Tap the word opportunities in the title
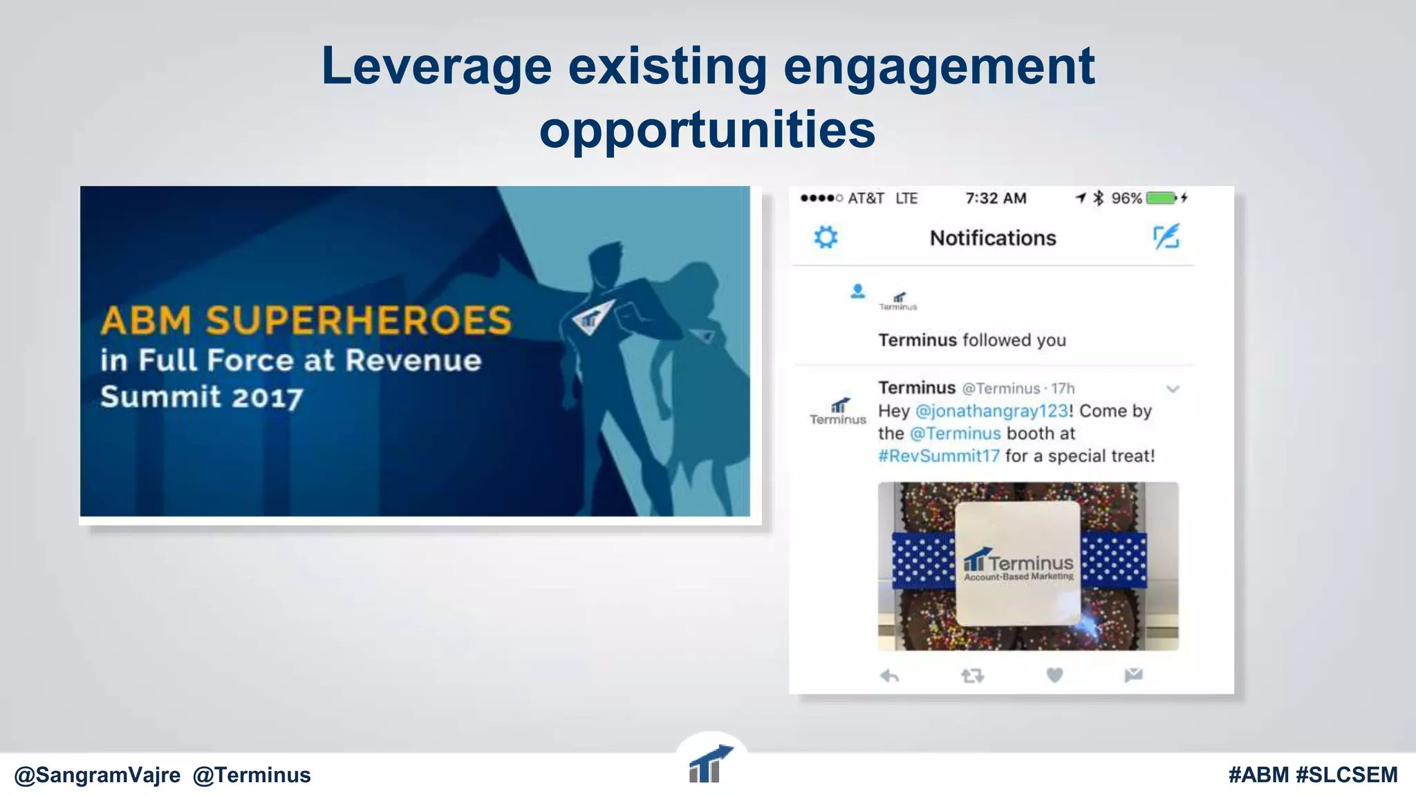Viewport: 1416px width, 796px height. click(707, 130)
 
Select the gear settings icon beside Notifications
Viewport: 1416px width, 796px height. click(826, 237)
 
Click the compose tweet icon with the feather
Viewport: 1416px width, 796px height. click(1166, 237)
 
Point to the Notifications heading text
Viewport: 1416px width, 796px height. click(993, 238)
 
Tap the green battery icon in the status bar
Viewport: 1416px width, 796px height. click(1162, 198)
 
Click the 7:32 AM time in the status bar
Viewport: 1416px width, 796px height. click(996, 198)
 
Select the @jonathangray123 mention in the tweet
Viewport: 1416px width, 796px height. click(991, 411)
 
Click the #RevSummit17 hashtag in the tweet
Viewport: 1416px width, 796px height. click(939, 456)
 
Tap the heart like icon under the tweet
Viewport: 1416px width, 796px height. click(1054, 675)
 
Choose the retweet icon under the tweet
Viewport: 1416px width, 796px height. click(972, 675)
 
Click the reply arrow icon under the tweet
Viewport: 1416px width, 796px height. click(889, 675)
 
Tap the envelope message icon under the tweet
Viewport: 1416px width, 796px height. click(1133, 675)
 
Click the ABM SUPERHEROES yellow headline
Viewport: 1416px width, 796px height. click(306, 321)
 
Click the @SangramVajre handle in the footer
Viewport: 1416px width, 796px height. click(97, 775)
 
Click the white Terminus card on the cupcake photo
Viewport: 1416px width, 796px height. click(1018, 564)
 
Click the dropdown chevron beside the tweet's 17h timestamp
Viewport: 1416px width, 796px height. click(1173, 389)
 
